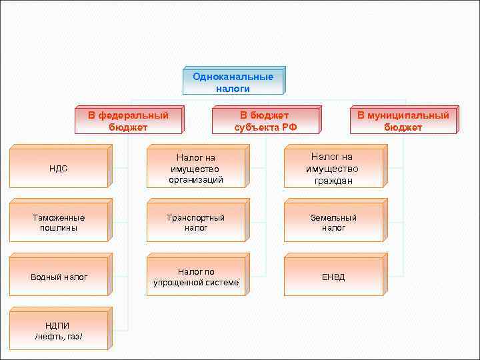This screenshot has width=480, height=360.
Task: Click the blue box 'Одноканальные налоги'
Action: [233, 82]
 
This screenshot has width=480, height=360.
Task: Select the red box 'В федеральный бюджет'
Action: [128, 121]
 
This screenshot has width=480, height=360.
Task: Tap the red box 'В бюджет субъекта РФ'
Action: [265, 121]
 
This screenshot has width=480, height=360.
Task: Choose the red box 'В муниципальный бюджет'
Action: [403, 121]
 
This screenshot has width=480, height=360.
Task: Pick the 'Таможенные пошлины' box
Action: [58, 223]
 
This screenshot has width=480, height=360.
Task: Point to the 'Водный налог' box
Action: [58, 277]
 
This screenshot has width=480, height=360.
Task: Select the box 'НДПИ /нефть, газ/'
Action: [58, 331]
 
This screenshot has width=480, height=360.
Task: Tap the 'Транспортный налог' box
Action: [195, 223]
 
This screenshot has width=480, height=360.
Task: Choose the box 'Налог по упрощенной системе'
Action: [195, 277]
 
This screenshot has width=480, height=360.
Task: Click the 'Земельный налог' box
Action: [333, 223]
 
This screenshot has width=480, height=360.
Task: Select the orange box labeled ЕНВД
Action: [333, 277]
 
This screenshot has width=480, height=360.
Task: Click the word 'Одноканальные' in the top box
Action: [233, 77]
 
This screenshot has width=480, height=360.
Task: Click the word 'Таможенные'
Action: [59, 218]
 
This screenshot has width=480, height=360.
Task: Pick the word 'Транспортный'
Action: [196, 218]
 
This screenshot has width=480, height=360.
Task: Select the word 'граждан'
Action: [333, 181]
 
